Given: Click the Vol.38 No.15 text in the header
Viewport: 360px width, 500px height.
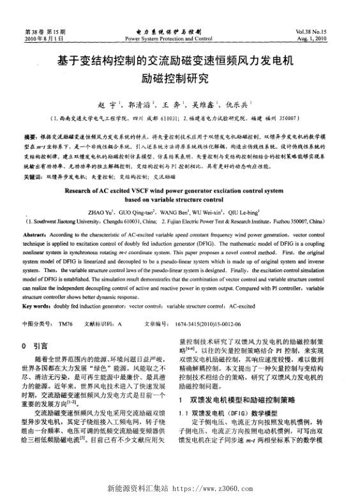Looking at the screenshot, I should point(317,30).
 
